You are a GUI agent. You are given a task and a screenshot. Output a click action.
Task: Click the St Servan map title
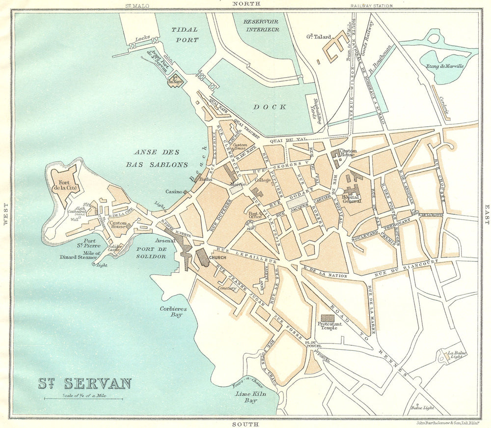[x=84, y=383]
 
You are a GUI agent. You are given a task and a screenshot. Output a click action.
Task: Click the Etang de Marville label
[x=445, y=66]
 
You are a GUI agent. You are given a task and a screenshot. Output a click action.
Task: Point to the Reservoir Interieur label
[x=261, y=26]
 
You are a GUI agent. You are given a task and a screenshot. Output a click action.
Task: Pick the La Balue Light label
[x=456, y=355]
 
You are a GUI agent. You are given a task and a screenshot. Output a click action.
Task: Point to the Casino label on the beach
[x=174, y=192]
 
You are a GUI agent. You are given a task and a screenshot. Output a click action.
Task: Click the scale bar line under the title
[x=83, y=399]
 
